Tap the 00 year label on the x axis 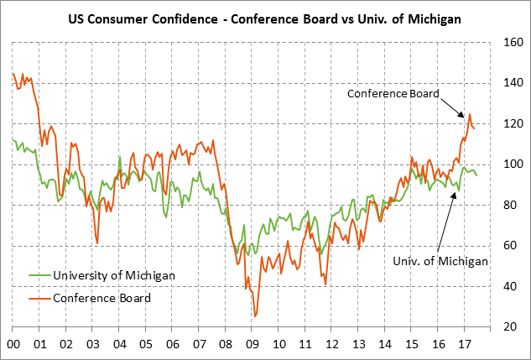[13, 344]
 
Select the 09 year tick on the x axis [252, 344]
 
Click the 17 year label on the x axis [464, 344]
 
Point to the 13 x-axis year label [358, 344]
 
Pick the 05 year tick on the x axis [146, 344]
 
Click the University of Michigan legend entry [114, 274]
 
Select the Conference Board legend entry [102, 297]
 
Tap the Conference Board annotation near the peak [393, 94]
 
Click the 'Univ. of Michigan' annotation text [440, 261]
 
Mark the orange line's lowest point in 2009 [255, 316]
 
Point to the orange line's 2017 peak [470, 114]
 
